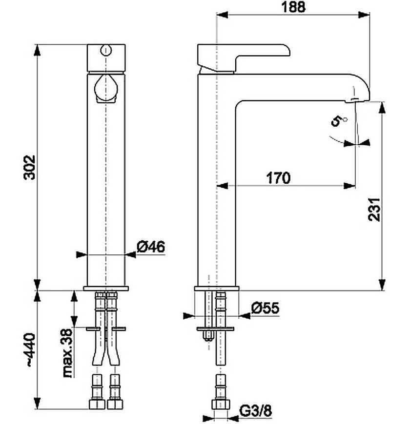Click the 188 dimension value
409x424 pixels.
click(294, 7)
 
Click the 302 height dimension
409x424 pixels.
click(29, 167)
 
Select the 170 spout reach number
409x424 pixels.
click(278, 178)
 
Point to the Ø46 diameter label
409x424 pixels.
click(151, 247)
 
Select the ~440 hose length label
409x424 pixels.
click(29, 350)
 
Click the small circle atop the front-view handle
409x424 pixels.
click(105, 50)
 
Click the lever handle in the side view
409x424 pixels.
click(243, 58)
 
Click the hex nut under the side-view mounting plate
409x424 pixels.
click(208, 336)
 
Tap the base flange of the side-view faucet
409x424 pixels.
click(217, 289)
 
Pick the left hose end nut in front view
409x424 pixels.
click(97, 404)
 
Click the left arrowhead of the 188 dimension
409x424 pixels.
click(222, 15)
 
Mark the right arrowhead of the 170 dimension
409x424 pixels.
click(349, 186)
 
